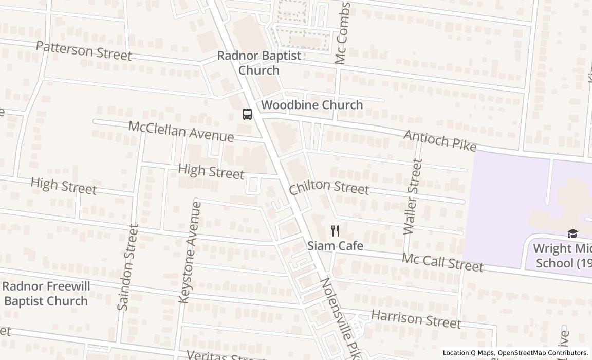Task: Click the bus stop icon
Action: (x=247, y=114)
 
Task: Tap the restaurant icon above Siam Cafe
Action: (x=335, y=230)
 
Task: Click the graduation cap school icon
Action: (x=572, y=234)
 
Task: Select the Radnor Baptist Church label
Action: (x=259, y=63)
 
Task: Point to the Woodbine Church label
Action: (x=312, y=105)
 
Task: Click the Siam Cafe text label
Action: (x=335, y=246)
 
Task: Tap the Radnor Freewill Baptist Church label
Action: (x=46, y=294)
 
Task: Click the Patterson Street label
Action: (x=84, y=51)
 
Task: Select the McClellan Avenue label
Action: (x=181, y=131)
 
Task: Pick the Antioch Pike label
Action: (x=440, y=140)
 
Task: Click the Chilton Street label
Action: (x=329, y=188)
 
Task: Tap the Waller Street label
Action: (x=413, y=197)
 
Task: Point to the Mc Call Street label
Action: (x=442, y=262)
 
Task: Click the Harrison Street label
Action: (x=416, y=318)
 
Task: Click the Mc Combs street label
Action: (x=342, y=34)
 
